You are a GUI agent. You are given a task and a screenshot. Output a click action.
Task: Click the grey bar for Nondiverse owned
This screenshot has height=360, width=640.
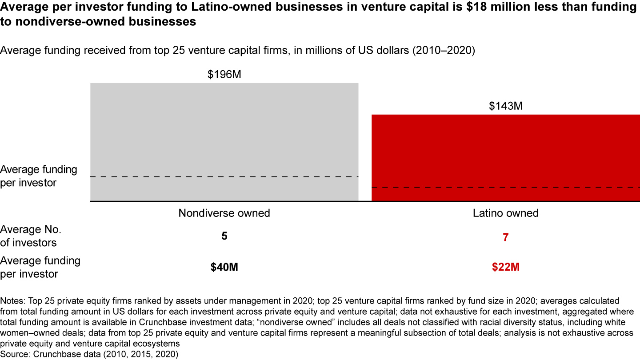tap(224, 133)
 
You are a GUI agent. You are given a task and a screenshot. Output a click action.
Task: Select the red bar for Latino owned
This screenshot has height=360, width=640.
tap(505, 151)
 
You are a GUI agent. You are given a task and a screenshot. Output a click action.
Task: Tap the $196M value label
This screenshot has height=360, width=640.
tap(224, 75)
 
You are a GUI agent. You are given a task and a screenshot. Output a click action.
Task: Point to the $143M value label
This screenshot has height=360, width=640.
tap(505, 106)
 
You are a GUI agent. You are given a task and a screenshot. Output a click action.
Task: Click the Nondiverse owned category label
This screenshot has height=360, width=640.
tap(224, 213)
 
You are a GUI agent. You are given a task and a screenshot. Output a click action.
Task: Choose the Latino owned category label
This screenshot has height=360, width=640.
tap(505, 213)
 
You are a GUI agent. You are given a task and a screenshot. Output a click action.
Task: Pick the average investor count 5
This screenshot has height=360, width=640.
tap(224, 236)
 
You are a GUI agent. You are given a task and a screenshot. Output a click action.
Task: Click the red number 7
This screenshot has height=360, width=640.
tap(505, 237)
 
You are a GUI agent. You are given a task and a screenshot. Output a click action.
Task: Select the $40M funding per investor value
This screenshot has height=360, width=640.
tap(224, 268)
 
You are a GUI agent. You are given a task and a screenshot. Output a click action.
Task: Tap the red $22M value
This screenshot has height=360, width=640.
tap(505, 268)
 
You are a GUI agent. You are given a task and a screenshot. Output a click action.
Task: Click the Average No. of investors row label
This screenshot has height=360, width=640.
tap(30, 236)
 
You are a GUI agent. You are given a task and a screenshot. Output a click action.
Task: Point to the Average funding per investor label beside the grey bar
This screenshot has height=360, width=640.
tap(38, 176)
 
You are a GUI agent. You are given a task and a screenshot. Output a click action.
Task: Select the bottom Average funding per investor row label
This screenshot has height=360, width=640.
tap(40, 267)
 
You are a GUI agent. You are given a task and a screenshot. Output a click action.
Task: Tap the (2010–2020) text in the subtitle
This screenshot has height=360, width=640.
tap(444, 50)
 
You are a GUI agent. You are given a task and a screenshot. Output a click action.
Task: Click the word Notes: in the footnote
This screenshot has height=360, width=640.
tap(13, 301)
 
